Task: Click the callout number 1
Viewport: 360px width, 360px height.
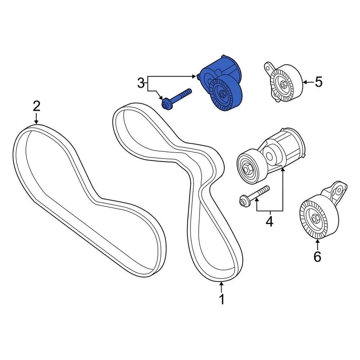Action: (x=222, y=300)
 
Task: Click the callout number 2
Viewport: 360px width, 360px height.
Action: (x=36, y=106)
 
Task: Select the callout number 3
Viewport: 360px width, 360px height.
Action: (x=141, y=83)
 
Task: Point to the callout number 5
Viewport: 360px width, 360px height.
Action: (x=318, y=82)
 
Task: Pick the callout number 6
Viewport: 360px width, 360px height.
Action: (x=317, y=257)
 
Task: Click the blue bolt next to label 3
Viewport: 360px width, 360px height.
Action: (x=176, y=98)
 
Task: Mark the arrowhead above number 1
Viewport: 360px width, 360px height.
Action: (x=222, y=283)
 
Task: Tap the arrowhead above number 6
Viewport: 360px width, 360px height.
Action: (x=317, y=241)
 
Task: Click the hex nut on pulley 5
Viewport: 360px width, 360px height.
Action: (x=282, y=84)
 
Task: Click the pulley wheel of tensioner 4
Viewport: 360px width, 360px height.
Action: (x=249, y=167)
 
